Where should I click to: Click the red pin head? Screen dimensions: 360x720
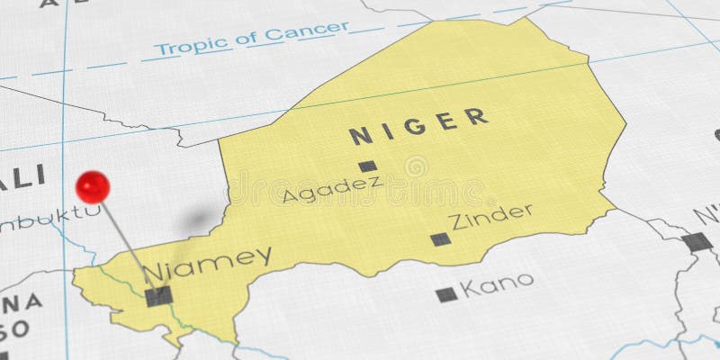pos(92,187)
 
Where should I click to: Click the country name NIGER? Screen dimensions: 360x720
pos(418,126)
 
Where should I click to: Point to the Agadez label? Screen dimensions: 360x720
pos(331,189)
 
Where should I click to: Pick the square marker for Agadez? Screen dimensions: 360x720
pos(366,166)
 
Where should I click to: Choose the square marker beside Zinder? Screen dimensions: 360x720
pos(439,238)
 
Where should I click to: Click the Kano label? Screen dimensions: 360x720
pos(496,287)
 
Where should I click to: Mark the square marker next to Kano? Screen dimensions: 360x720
pos(445,294)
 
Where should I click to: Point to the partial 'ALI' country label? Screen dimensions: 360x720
pos(22,177)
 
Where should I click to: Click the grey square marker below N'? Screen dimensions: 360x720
pos(696,241)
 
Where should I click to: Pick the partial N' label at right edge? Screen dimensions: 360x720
pos(706,216)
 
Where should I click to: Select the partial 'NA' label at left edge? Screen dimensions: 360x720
pos(16,301)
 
